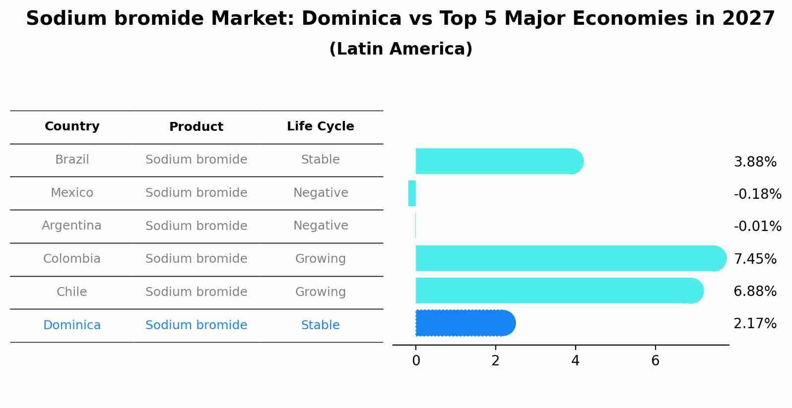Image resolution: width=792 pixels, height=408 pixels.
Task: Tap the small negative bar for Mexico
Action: pyautogui.click(x=412, y=193)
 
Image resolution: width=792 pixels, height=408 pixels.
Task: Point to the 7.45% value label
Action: pyautogui.click(x=755, y=259)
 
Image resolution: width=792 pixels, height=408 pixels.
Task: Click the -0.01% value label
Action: pyautogui.click(x=757, y=227)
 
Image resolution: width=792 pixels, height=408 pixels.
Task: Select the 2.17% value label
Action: pyautogui.click(x=755, y=324)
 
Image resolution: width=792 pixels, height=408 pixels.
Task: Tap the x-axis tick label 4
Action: pyautogui.click(x=575, y=361)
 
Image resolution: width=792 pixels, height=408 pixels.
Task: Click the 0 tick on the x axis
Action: pyautogui.click(x=416, y=361)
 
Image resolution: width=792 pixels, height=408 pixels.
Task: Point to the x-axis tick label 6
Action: pyautogui.click(x=655, y=361)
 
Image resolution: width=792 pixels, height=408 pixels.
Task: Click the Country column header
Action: pyautogui.click(x=72, y=126)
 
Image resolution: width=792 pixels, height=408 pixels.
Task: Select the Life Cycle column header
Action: pyautogui.click(x=320, y=126)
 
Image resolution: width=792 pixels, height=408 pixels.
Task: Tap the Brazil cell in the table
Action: pyautogui.click(x=72, y=160)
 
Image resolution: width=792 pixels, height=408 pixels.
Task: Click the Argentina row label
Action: pyautogui.click(x=72, y=226)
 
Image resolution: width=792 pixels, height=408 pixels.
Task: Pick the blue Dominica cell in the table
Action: pyautogui.click(x=72, y=325)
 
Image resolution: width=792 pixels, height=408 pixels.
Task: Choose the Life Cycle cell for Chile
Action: pyautogui.click(x=320, y=292)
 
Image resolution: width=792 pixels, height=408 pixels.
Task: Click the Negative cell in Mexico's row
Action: pyautogui.click(x=320, y=193)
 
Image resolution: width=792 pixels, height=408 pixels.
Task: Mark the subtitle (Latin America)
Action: pyautogui.click(x=400, y=49)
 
